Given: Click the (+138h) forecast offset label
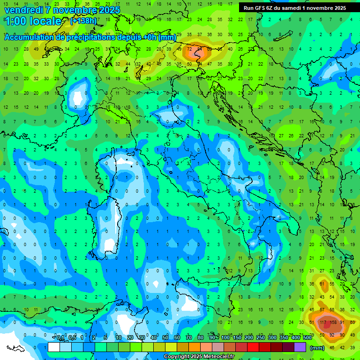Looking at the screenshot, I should (83, 21).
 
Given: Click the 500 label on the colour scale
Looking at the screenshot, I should (307, 337).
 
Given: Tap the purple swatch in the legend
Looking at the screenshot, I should (300, 347).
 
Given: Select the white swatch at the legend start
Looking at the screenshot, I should (54, 347).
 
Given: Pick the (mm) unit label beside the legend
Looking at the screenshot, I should (317, 348).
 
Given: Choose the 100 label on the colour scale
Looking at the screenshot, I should (225, 337).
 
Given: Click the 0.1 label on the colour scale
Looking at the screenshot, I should (60, 337).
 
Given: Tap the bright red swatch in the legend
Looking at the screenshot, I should (253, 347).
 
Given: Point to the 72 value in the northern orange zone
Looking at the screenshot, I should (189, 49).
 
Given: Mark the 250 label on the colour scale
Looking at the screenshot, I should (261, 337).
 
